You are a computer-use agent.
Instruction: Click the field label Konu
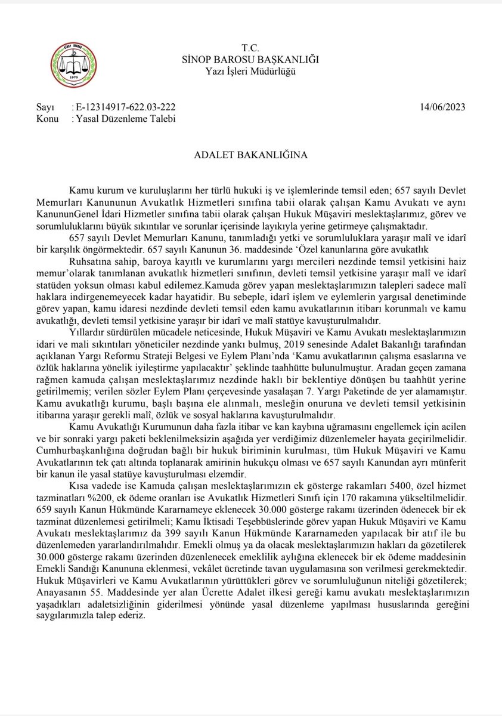(x=47, y=119)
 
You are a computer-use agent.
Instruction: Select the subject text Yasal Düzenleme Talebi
(x=124, y=119)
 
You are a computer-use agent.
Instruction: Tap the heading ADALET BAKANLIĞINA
(x=250, y=156)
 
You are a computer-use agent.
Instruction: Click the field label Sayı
(x=45, y=107)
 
